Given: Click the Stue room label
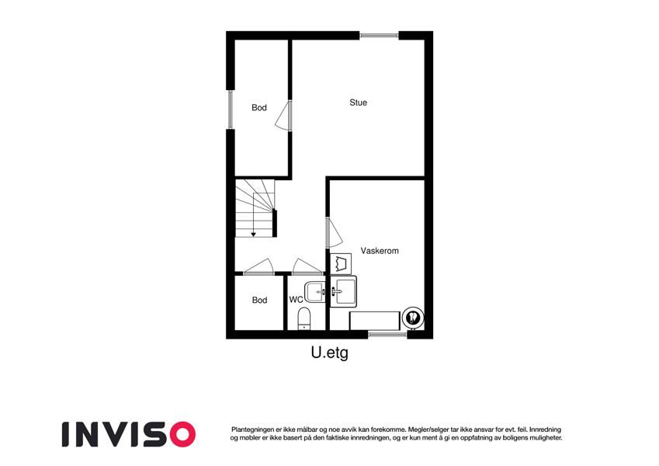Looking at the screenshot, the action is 358,103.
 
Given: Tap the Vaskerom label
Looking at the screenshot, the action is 380,251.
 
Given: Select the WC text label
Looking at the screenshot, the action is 296,300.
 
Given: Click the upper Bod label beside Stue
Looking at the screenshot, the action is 259,108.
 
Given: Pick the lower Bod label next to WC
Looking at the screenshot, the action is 259,300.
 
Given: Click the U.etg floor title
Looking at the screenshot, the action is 329,353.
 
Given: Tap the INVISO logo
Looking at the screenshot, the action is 129,434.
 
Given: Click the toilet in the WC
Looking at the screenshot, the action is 303,318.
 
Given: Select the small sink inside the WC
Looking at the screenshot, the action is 315,291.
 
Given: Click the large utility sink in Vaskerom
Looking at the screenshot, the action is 343,291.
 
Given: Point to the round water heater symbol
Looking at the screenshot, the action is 413,318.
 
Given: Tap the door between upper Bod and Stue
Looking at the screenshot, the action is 283,115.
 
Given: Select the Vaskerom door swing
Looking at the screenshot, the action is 334,232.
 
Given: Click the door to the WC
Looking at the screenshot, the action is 307,266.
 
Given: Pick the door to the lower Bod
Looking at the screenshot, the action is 258,266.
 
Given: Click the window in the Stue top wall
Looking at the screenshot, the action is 379,36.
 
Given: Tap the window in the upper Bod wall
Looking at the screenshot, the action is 230,110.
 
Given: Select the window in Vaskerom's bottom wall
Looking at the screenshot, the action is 387,335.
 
